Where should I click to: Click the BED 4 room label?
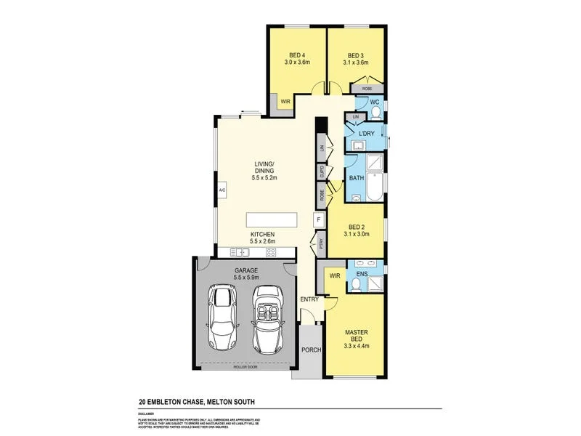point(296,55)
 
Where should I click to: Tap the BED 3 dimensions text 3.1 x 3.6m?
point(355,63)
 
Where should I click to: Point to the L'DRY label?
point(366,133)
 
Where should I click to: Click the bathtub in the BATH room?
point(374,187)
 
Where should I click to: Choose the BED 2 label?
point(355,226)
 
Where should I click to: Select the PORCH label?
point(311,350)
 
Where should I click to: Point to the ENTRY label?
point(310,299)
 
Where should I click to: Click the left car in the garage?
point(222,317)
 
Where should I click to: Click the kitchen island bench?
point(272,219)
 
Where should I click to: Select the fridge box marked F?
point(317,219)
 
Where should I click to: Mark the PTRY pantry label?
point(320,245)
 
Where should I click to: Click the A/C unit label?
point(222,190)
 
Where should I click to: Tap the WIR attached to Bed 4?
point(285,102)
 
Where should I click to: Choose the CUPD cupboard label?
point(320,172)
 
